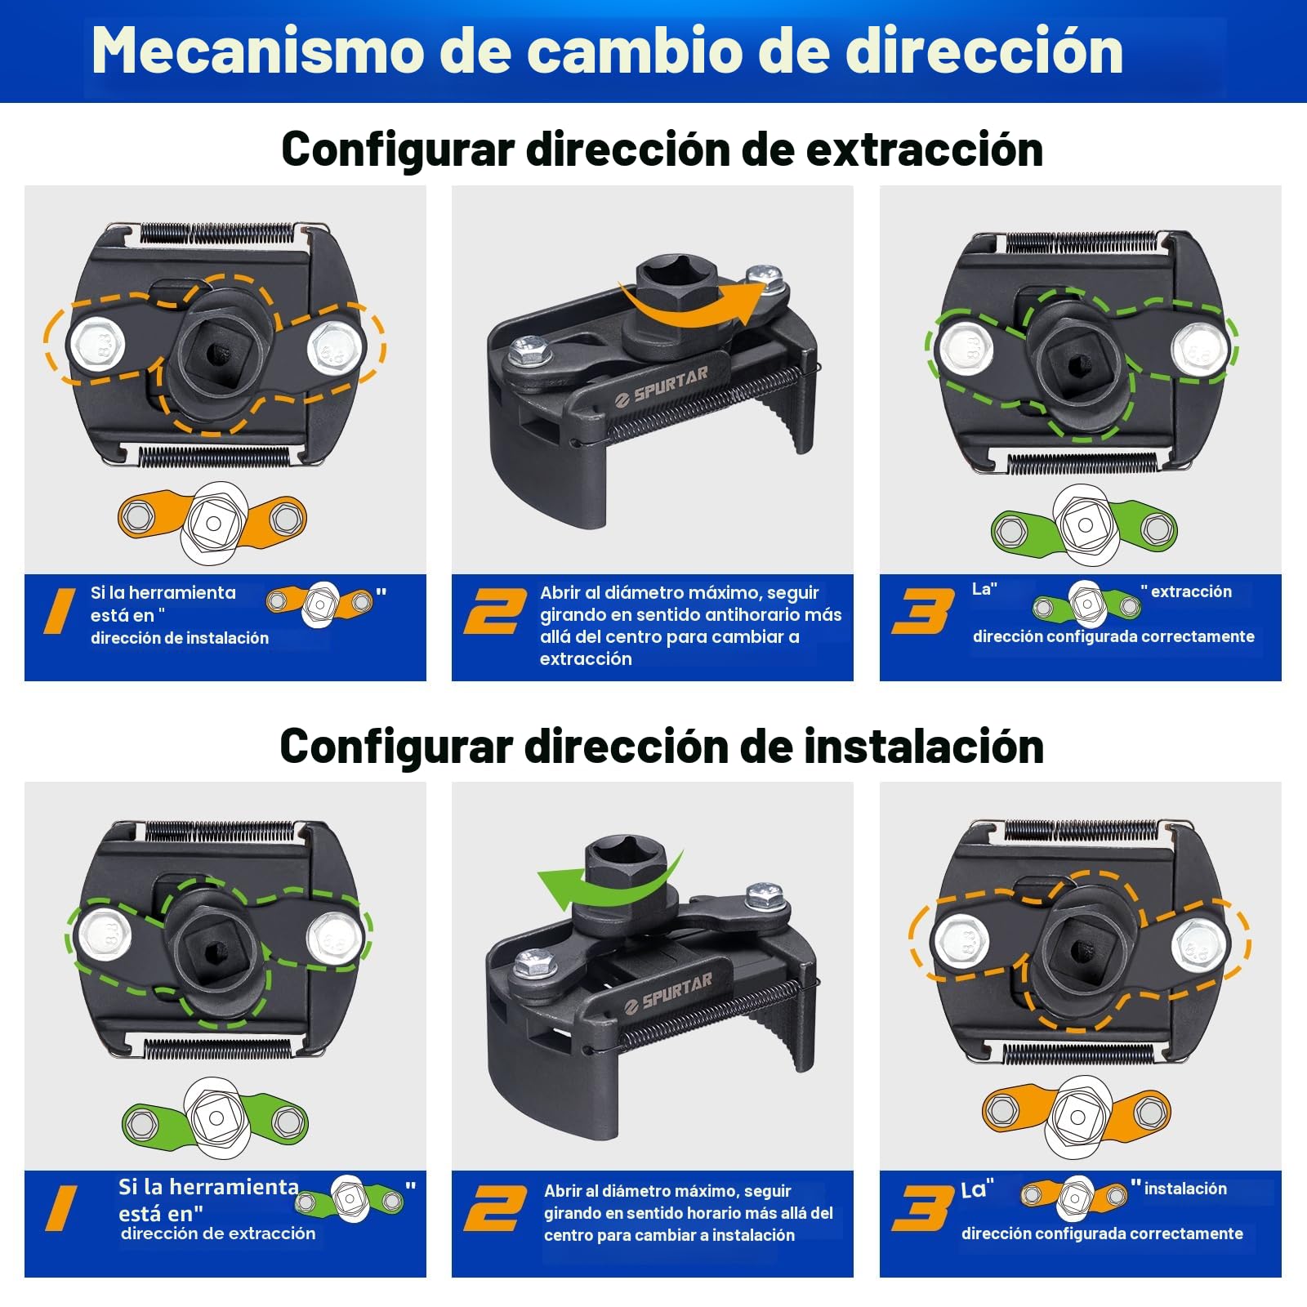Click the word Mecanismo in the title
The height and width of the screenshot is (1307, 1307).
click(256, 51)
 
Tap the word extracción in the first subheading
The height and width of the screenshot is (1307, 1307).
click(925, 149)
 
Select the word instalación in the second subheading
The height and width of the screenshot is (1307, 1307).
click(924, 747)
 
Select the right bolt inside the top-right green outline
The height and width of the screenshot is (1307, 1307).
click(1199, 347)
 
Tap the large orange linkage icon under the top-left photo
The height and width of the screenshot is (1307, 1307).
click(212, 522)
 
